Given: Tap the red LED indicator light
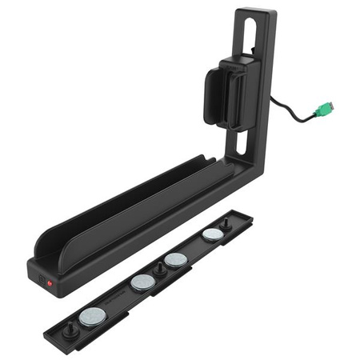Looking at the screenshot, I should (x=50, y=283).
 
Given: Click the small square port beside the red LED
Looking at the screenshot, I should (x=41, y=279).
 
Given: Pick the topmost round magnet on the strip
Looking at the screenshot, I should (x=213, y=234).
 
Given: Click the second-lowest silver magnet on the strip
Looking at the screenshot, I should (x=142, y=282).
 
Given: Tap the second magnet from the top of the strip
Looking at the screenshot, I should (x=176, y=259).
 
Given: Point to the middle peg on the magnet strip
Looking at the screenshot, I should (x=159, y=270).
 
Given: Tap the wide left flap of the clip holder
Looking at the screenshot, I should (x=215, y=97).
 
